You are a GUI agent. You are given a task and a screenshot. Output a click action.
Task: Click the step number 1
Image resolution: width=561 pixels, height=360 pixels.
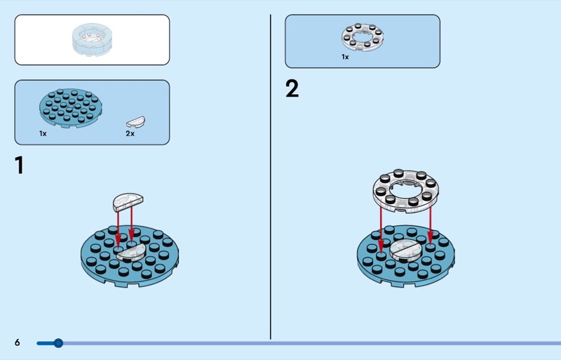coord(20,166)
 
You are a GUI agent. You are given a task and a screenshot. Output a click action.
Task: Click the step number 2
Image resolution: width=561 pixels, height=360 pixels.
coord(292,89)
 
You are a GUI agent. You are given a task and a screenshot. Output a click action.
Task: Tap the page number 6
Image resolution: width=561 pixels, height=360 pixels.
coord(18,342)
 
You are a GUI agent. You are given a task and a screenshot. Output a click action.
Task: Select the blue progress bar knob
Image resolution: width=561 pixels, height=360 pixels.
coord(58,343)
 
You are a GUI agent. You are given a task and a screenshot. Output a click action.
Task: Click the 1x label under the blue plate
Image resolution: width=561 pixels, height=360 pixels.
coord(43,133)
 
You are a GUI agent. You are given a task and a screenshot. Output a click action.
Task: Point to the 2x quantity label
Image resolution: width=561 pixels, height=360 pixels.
coord(130,133)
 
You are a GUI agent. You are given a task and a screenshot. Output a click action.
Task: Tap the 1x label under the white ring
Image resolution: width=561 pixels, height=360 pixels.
coord(345,57)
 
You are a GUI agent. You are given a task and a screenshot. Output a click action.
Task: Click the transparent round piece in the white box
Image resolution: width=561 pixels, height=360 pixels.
coord(93,39)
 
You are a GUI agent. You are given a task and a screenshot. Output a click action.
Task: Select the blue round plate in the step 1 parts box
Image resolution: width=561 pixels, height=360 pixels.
coord(70,108)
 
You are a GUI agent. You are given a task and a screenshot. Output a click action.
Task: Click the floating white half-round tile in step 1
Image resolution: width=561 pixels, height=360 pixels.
coord(127,201)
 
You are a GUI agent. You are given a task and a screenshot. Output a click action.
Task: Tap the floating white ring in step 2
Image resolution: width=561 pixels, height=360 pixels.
coord(405,189)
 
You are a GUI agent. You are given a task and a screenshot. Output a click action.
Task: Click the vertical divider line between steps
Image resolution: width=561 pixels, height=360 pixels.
coord(271,175)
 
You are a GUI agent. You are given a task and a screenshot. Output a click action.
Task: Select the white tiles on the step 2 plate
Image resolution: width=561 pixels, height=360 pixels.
coord(405,251)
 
